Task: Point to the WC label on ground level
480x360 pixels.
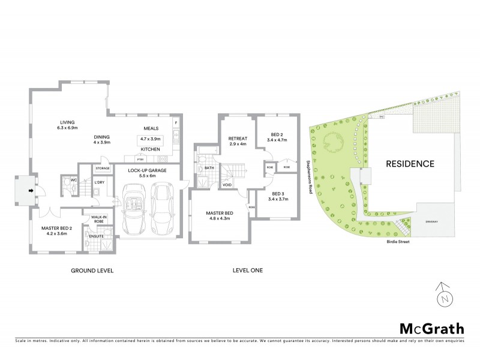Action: coord(73,179)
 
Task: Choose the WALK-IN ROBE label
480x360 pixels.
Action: coord(98,219)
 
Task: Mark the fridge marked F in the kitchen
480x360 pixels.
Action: coord(176,124)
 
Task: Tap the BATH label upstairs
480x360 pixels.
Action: coord(208,169)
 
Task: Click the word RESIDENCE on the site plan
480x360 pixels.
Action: coord(410,163)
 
